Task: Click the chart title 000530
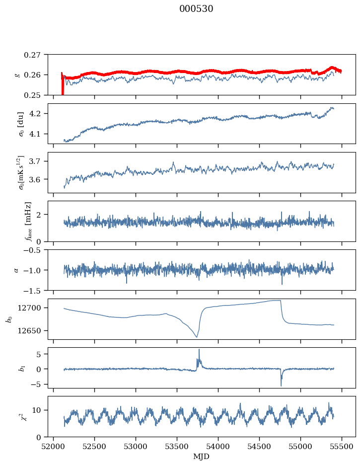click(x=196, y=9)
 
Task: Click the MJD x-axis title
click(x=201, y=457)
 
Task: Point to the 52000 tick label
click(x=53, y=447)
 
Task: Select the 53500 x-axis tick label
click(x=177, y=447)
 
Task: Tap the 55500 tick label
click(x=342, y=447)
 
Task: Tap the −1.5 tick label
click(x=33, y=290)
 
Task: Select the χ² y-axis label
click(x=24, y=417)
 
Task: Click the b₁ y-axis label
click(x=22, y=368)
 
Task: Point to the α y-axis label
click(x=16, y=270)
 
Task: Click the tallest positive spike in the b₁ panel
click(x=199, y=350)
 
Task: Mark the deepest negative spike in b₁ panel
click(x=281, y=386)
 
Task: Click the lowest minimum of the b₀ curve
click(x=197, y=337)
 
